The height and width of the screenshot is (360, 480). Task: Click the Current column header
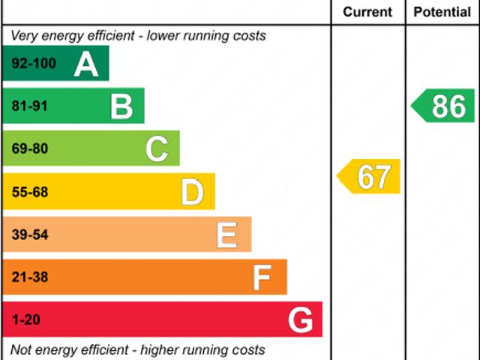[x=367, y=12]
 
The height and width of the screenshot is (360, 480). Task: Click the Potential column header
[x=442, y=12]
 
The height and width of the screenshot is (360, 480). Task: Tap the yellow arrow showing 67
[x=370, y=177]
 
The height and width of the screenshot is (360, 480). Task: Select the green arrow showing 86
[x=444, y=106]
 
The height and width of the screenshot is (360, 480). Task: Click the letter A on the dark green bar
[x=86, y=64]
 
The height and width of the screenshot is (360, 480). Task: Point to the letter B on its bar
[x=121, y=106]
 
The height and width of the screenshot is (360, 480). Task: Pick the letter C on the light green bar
[x=157, y=149]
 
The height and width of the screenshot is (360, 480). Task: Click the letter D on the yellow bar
[x=192, y=192]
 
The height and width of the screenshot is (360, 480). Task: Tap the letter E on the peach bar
[x=227, y=235]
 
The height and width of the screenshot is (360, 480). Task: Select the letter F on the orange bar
[x=262, y=277]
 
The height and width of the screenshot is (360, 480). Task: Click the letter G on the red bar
[x=300, y=320]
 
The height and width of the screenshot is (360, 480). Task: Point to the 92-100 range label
[x=34, y=64]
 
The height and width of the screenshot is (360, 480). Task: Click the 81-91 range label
[x=30, y=106]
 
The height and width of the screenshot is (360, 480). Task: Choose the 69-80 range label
[x=30, y=149]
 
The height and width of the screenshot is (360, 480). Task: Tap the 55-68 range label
[x=30, y=192]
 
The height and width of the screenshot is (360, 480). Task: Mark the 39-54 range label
[x=30, y=235]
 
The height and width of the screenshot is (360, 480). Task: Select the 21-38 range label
[x=30, y=277]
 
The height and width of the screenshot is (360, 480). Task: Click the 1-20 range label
[x=25, y=320]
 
